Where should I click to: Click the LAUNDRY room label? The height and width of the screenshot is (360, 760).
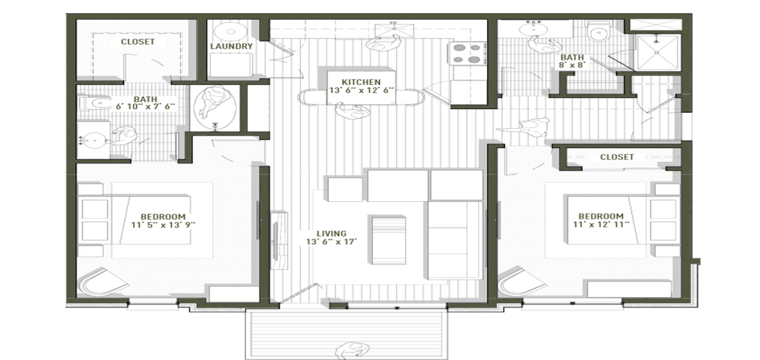click(232, 46)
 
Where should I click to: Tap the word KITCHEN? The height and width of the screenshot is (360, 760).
click(361, 82)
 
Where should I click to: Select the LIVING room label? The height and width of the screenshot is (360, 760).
click(331, 233)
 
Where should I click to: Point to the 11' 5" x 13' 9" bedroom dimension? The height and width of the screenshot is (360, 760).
click(163, 225)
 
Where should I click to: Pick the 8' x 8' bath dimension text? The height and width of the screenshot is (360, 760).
click(572, 66)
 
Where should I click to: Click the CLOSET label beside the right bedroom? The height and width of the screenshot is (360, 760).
click(617, 157)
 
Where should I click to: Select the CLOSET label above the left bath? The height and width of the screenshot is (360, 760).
click(137, 42)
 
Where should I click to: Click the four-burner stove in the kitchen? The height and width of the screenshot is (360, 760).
click(467, 52)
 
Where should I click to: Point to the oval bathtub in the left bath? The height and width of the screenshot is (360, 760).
click(216, 108)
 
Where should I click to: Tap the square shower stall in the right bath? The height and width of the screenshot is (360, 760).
click(657, 52)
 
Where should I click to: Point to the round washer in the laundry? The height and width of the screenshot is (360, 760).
click(230, 31)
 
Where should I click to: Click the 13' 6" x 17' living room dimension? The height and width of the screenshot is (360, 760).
click(331, 242)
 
